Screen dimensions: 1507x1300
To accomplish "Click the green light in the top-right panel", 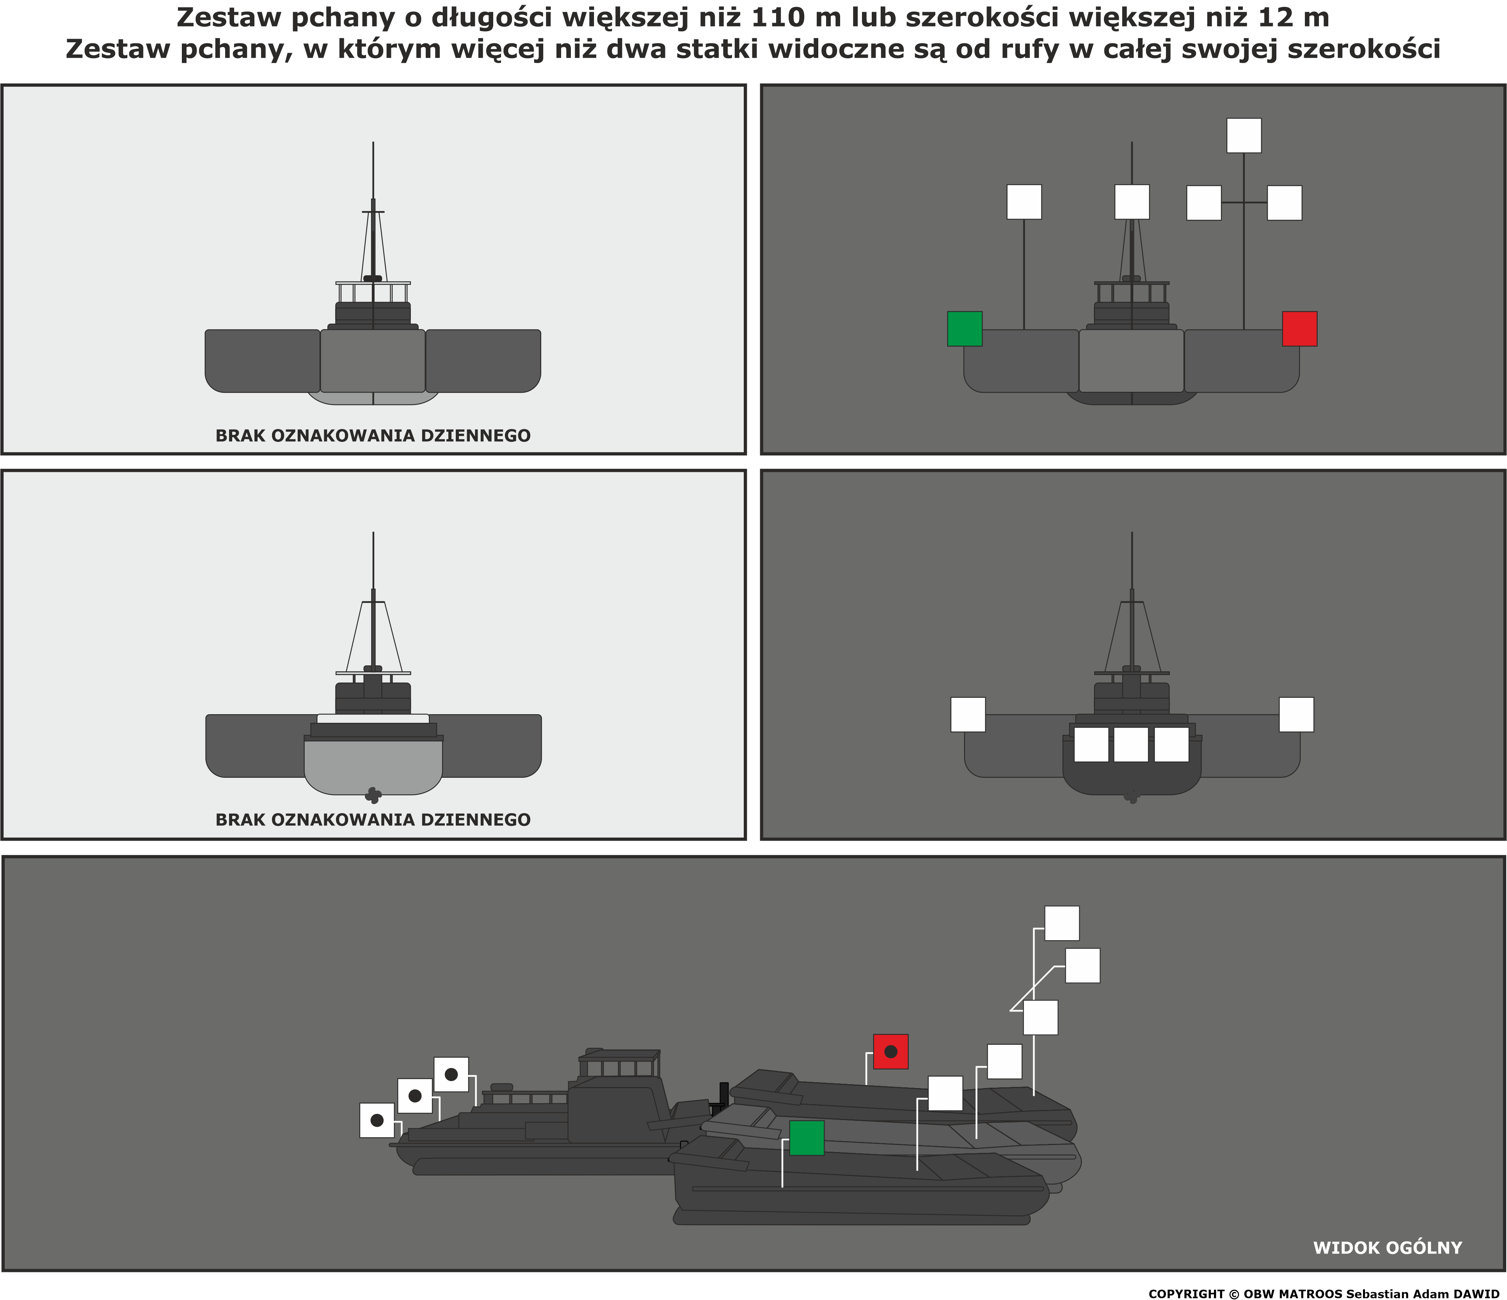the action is point(965,329).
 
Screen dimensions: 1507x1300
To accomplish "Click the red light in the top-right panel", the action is point(1299,329).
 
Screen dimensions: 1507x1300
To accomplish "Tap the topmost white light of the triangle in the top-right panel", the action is point(1244,135).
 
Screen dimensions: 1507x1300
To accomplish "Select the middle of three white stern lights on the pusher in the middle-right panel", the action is point(1131,744).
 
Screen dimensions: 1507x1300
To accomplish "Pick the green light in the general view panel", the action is point(807,1138).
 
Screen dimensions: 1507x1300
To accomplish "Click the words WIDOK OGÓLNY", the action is point(1387,1248).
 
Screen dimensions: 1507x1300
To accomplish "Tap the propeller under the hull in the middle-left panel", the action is point(373,795).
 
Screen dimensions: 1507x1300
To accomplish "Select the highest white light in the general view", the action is point(1062,923).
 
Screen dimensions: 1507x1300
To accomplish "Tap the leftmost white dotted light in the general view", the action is point(377,1120).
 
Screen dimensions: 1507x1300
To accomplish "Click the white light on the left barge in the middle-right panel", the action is point(968,714).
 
